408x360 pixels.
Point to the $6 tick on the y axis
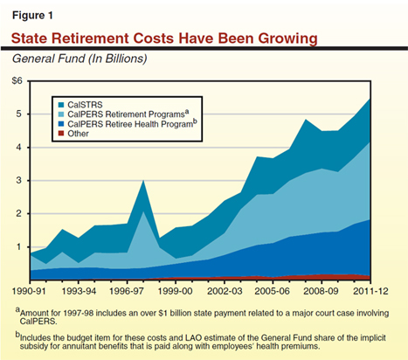pos(17,81)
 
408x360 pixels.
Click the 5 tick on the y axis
pos(20,114)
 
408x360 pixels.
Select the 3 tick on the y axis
pos(20,181)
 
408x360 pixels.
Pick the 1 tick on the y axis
pos(20,247)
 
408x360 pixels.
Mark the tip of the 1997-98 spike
pos(143,181)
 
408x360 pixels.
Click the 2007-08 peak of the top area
pos(306,120)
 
